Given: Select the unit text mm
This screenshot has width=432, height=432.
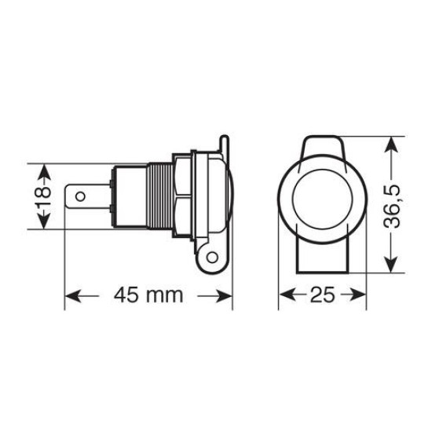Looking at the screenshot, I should click(168, 296).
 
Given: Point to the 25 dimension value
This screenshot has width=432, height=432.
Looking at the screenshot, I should click(322, 295).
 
